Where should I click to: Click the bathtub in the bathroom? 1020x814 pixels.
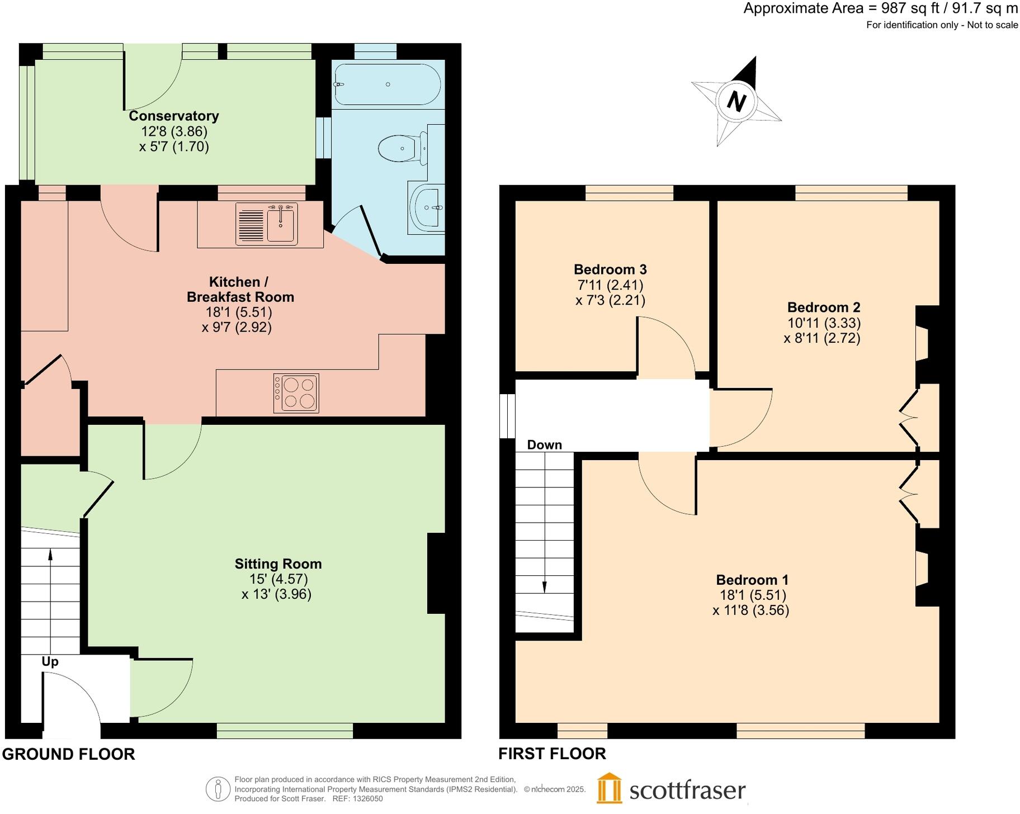[388, 84]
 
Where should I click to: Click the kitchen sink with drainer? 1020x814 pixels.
[266, 224]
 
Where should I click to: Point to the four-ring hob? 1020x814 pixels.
[296, 393]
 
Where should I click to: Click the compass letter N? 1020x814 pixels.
[736, 102]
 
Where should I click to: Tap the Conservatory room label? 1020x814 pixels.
[174, 116]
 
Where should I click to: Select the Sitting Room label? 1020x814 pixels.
[278, 564]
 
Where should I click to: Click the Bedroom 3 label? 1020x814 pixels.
[610, 269]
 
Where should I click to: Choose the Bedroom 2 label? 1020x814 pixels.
[824, 307]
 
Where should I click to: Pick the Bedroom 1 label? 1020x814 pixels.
[752, 580]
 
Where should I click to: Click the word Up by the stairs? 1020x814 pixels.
[50, 662]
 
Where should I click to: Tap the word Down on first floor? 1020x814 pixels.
[544, 444]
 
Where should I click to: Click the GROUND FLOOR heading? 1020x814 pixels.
[69, 754]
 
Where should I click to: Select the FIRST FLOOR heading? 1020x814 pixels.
[552, 754]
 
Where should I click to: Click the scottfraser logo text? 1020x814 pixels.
[687, 791]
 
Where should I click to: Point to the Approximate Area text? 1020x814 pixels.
[881, 8]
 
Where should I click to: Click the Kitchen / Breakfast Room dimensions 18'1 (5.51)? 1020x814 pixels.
[239, 312]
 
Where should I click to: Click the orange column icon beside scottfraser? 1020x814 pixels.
[608, 788]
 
